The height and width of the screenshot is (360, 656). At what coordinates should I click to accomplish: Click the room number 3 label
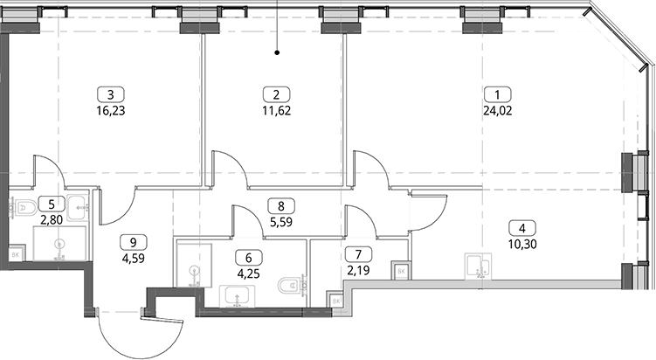tap(110, 94)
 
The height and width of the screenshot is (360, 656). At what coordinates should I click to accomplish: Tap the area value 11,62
tap(276, 111)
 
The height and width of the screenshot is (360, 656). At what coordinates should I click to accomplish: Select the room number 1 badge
tap(497, 94)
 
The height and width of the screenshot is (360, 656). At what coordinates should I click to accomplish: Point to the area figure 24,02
tap(497, 111)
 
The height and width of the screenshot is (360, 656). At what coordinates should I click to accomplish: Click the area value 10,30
tap(522, 244)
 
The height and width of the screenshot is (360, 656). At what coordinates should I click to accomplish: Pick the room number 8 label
tap(280, 206)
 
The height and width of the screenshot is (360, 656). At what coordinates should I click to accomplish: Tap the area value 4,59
tap(134, 259)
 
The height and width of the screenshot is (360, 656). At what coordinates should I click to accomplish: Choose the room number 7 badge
tap(358, 254)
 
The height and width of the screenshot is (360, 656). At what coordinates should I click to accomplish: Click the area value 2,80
tap(52, 220)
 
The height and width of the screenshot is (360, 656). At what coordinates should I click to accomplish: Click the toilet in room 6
tap(291, 286)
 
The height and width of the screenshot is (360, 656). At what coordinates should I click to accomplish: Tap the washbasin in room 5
tap(78, 207)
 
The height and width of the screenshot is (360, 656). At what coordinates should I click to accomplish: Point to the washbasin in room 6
tap(238, 296)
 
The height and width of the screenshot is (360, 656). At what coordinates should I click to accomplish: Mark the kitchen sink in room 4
tap(478, 266)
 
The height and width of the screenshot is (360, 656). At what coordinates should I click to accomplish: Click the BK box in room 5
tap(16, 254)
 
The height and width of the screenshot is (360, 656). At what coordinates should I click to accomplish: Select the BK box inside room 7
tap(401, 271)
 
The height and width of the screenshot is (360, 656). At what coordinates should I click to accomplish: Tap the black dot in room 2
tap(277, 52)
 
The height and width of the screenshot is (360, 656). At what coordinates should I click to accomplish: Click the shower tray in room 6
tap(194, 264)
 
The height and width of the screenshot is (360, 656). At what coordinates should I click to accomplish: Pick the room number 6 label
tap(248, 258)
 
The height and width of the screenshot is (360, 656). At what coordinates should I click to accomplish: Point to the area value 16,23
tap(110, 111)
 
